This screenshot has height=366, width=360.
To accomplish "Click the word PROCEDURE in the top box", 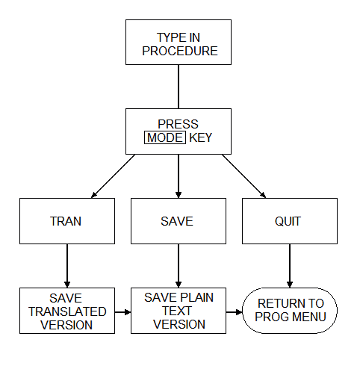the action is [180, 51].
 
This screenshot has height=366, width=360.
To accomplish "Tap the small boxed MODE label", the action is [165, 137].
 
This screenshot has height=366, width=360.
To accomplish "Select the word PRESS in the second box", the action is [179, 124].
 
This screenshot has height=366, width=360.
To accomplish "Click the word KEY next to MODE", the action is [201, 137].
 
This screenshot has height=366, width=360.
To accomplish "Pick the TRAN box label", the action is [66, 221].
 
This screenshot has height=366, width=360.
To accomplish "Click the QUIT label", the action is [288, 221].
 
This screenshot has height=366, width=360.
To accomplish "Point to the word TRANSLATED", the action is [67, 311].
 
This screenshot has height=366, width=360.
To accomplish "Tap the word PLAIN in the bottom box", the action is [196, 297].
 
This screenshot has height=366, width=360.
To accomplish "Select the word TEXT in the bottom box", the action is [177, 311].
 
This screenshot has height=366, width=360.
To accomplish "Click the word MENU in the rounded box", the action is [309, 317].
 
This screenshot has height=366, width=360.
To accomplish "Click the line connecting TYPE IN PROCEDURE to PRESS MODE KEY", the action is [179, 87].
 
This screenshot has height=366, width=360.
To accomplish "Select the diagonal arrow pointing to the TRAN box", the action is [114, 176].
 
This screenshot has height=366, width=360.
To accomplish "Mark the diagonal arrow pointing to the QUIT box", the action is [244, 176].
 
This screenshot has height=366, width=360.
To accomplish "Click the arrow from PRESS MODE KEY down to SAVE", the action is [179, 176].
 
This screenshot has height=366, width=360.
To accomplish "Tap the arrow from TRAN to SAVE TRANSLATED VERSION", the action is [67, 266].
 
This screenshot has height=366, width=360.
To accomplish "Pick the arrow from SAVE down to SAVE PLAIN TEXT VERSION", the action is [179, 266].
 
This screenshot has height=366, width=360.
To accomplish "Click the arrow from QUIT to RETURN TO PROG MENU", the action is [290, 266].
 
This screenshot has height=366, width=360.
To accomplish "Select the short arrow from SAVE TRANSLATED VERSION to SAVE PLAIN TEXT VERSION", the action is [123, 312].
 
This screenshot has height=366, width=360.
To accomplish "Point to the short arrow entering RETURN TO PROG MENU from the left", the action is [235, 312].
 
